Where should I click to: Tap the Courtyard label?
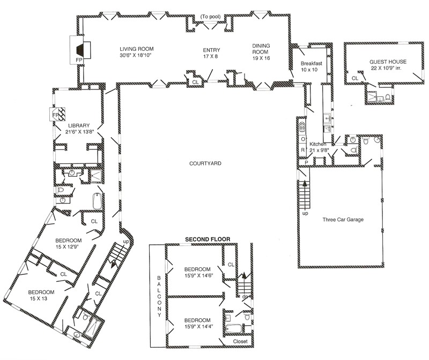(x=205, y=163)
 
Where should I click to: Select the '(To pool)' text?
(x=210, y=17)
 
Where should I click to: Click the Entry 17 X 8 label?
(x=211, y=53)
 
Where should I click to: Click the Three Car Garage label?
(x=343, y=220)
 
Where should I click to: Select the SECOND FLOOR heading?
(x=208, y=239)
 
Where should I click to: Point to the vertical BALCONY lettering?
(x=159, y=296)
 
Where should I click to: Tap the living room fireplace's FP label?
(x=79, y=60)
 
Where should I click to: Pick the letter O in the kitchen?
(x=303, y=139)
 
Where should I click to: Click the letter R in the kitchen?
(x=302, y=150)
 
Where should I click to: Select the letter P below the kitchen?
(x=306, y=163)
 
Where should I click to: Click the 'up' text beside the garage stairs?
(x=305, y=213)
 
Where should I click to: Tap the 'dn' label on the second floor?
(x=245, y=297)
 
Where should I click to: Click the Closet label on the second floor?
(x=240, y=341)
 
